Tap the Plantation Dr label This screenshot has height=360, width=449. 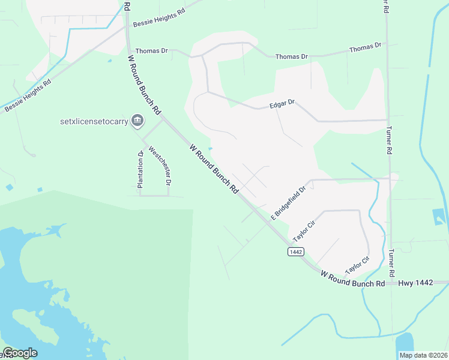[140, 170]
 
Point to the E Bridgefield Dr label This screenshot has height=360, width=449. [288, 202]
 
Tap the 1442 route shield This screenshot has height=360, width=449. [295, 252]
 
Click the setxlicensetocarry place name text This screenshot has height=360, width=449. [95, 121]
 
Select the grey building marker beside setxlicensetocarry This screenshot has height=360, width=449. [137, 121]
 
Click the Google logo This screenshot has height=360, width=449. [20, 353]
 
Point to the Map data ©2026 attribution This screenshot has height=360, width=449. [423, 355]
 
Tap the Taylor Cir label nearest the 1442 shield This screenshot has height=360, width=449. [303, 231]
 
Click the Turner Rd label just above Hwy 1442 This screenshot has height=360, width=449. [392, 263]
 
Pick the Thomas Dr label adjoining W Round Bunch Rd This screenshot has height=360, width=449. [151, 51]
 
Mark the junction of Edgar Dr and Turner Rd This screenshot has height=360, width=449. [387, 120]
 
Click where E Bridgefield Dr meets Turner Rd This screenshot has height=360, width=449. [390, 178]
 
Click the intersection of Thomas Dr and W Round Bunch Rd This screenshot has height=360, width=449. [128, 51]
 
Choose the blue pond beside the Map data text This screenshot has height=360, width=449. [405, 341]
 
